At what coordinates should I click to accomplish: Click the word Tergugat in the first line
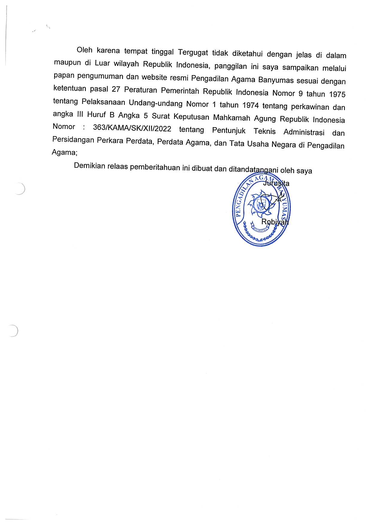(x=193, y=53)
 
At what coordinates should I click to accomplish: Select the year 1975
(x=337, y=94)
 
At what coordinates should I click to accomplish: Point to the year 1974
(x=250, y=105)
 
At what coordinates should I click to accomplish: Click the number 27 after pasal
(x=116, y=89)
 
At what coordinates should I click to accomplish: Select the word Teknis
(x=264, y=131)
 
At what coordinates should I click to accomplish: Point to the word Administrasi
(x=304, y=132)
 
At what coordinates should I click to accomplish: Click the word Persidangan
(x=73, y=139)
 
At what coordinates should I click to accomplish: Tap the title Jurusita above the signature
(x=276, y=183)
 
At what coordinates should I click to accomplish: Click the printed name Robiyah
(x=275, y=222)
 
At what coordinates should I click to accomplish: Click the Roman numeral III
(x=80, y=114)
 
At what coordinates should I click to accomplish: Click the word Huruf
(x=96, y=115)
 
